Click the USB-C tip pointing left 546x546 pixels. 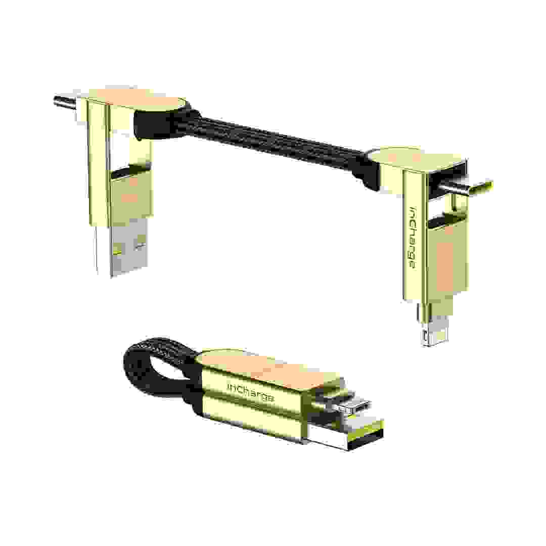pos(63,101)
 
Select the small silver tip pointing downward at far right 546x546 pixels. pos(425,331)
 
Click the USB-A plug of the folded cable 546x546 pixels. pos(344,432)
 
